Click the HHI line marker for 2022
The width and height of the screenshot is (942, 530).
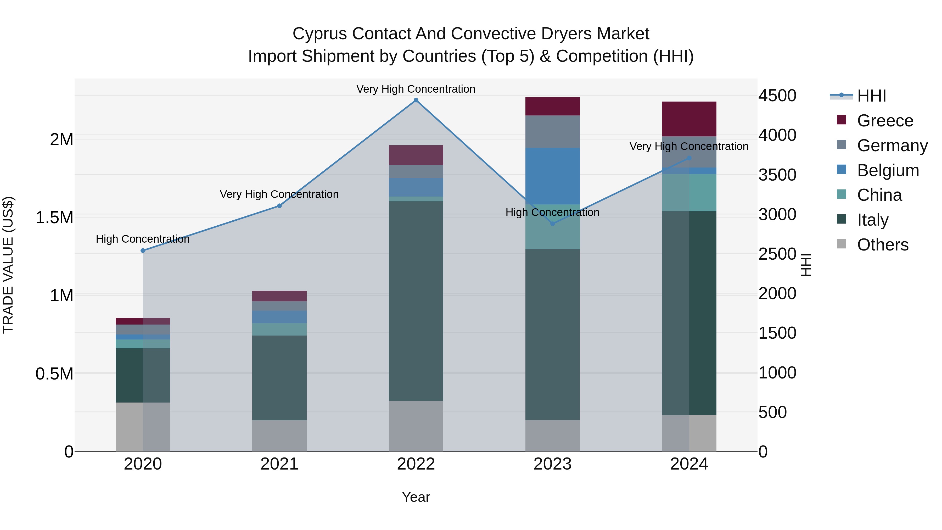(416, 100)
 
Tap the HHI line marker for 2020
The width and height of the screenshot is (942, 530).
(143, 250)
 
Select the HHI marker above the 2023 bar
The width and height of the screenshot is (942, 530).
(553, 224)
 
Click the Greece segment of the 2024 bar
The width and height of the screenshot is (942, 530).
(689, 119)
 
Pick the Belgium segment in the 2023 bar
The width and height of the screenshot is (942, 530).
(553, 176)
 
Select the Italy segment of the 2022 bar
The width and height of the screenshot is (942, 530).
(416, 301)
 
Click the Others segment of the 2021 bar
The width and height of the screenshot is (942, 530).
(279, 436)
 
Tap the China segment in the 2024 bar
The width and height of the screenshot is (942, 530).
(689, 192)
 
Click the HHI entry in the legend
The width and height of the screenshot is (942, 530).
(871, 96)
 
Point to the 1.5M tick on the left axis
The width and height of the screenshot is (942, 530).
(54, 218)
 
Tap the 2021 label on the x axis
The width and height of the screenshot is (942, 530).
(279, 464)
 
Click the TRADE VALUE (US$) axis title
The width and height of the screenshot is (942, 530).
(8, 265)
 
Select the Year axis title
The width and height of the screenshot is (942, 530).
(416, 497)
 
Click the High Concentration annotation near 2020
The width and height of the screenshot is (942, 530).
(143, 239)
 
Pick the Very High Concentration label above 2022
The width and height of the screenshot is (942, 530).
(416, 89)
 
